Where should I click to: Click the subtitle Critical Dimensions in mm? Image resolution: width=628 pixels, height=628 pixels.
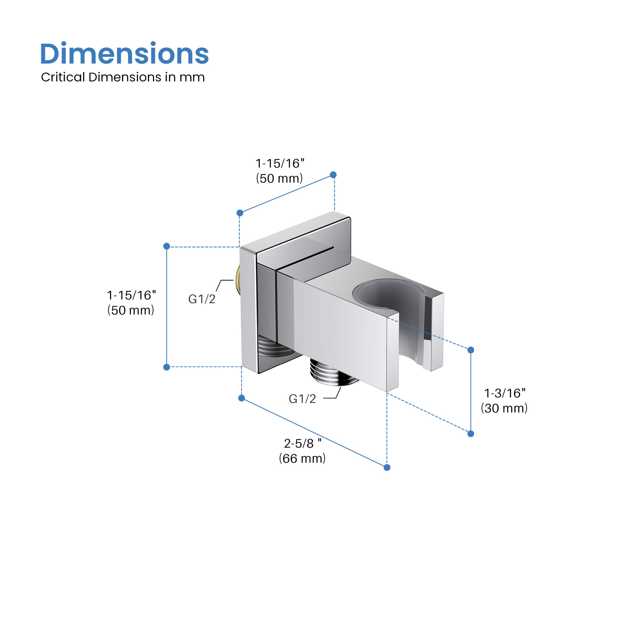(123, 77)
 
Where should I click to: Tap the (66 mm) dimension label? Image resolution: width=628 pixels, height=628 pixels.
(302, 458)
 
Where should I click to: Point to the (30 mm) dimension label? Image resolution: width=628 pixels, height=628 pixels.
(504, 408)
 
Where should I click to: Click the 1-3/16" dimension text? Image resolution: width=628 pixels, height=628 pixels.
(504, 393)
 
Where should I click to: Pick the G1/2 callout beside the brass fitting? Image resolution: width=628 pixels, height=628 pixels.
(202, 299)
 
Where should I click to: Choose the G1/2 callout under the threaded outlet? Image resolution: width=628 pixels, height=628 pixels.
(302, 399)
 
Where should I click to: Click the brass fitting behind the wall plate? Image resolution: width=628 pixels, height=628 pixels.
(238, 280)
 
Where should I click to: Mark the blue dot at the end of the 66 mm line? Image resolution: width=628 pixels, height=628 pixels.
(387, 467)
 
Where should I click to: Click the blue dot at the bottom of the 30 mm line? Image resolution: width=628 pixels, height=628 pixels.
(471, 434)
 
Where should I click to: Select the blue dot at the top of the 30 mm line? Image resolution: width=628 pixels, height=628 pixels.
(471, 350)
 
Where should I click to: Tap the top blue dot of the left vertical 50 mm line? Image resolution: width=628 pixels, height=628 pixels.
(167, 246)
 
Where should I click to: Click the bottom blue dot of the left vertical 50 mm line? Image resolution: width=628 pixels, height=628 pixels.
(167, 367)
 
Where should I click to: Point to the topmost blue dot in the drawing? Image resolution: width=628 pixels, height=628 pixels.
(333, 175)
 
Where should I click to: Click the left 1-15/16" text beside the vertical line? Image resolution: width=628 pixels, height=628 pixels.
(131, 295)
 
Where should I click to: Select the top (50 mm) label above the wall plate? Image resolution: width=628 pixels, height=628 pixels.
(279, 178)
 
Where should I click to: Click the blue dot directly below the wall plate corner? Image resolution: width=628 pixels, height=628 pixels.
(241, 398)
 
